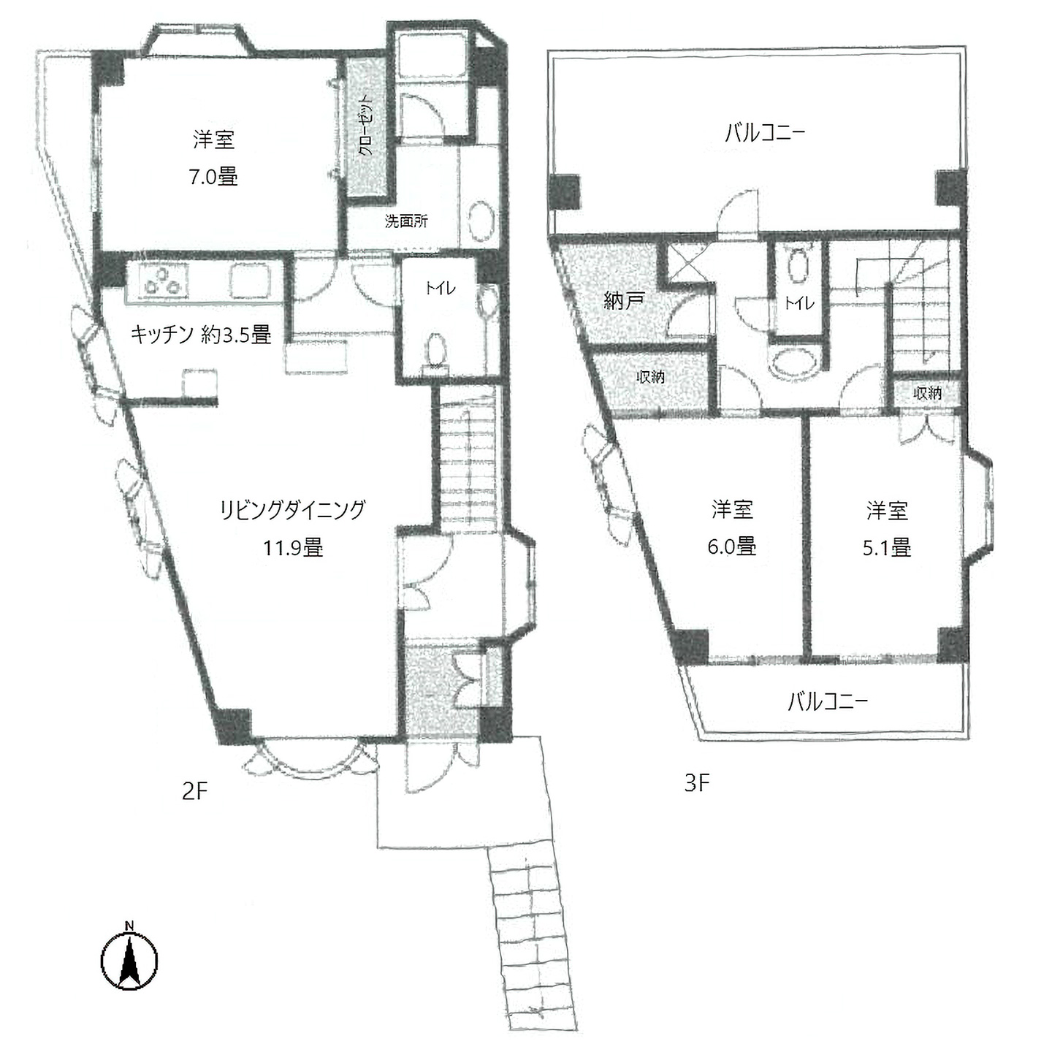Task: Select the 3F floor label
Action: pos(697,783)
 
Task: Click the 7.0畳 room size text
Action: pos(213,178)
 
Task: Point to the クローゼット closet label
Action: pos(366,126)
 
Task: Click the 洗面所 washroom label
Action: pos(406,221)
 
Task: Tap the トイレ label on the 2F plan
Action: pos(440,289)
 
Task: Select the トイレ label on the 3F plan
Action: pos(798,303)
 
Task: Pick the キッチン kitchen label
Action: pos(162,334)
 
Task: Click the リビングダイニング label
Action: pos(293,510)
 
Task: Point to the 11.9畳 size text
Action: pos(294,547)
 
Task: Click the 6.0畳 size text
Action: pos(732,546)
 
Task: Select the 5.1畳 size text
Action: pos(887,547)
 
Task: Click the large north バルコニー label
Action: pos(765,133)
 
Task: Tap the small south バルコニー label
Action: pos(828,702)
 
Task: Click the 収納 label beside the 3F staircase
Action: pos(928,392)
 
